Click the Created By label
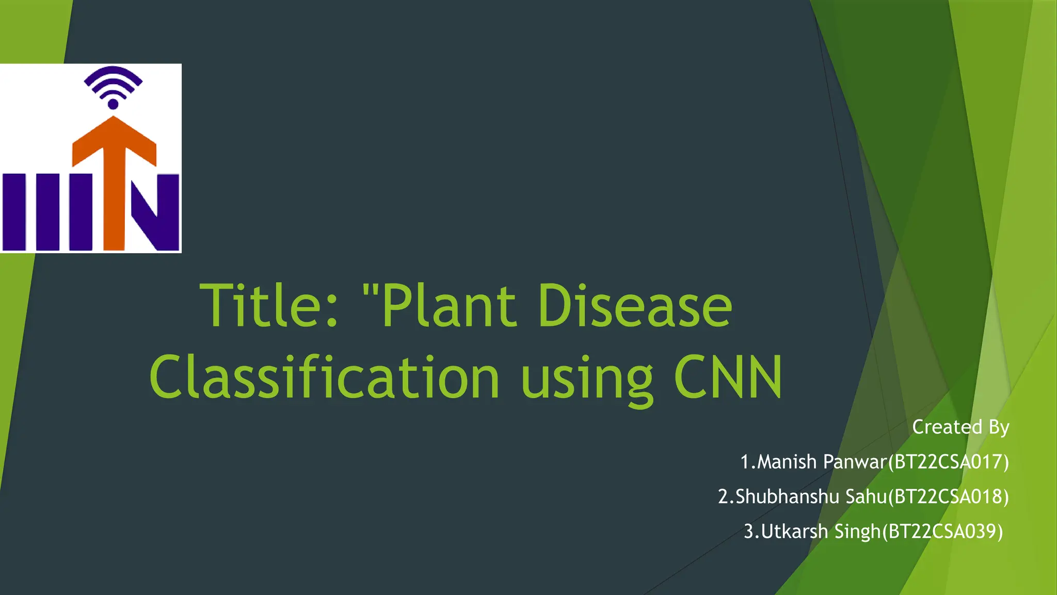960,427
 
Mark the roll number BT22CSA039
942,531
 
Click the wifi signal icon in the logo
113,83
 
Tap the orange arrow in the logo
114,170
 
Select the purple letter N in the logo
155,212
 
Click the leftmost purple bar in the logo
14,212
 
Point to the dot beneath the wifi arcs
113,104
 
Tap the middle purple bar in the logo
47,212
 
